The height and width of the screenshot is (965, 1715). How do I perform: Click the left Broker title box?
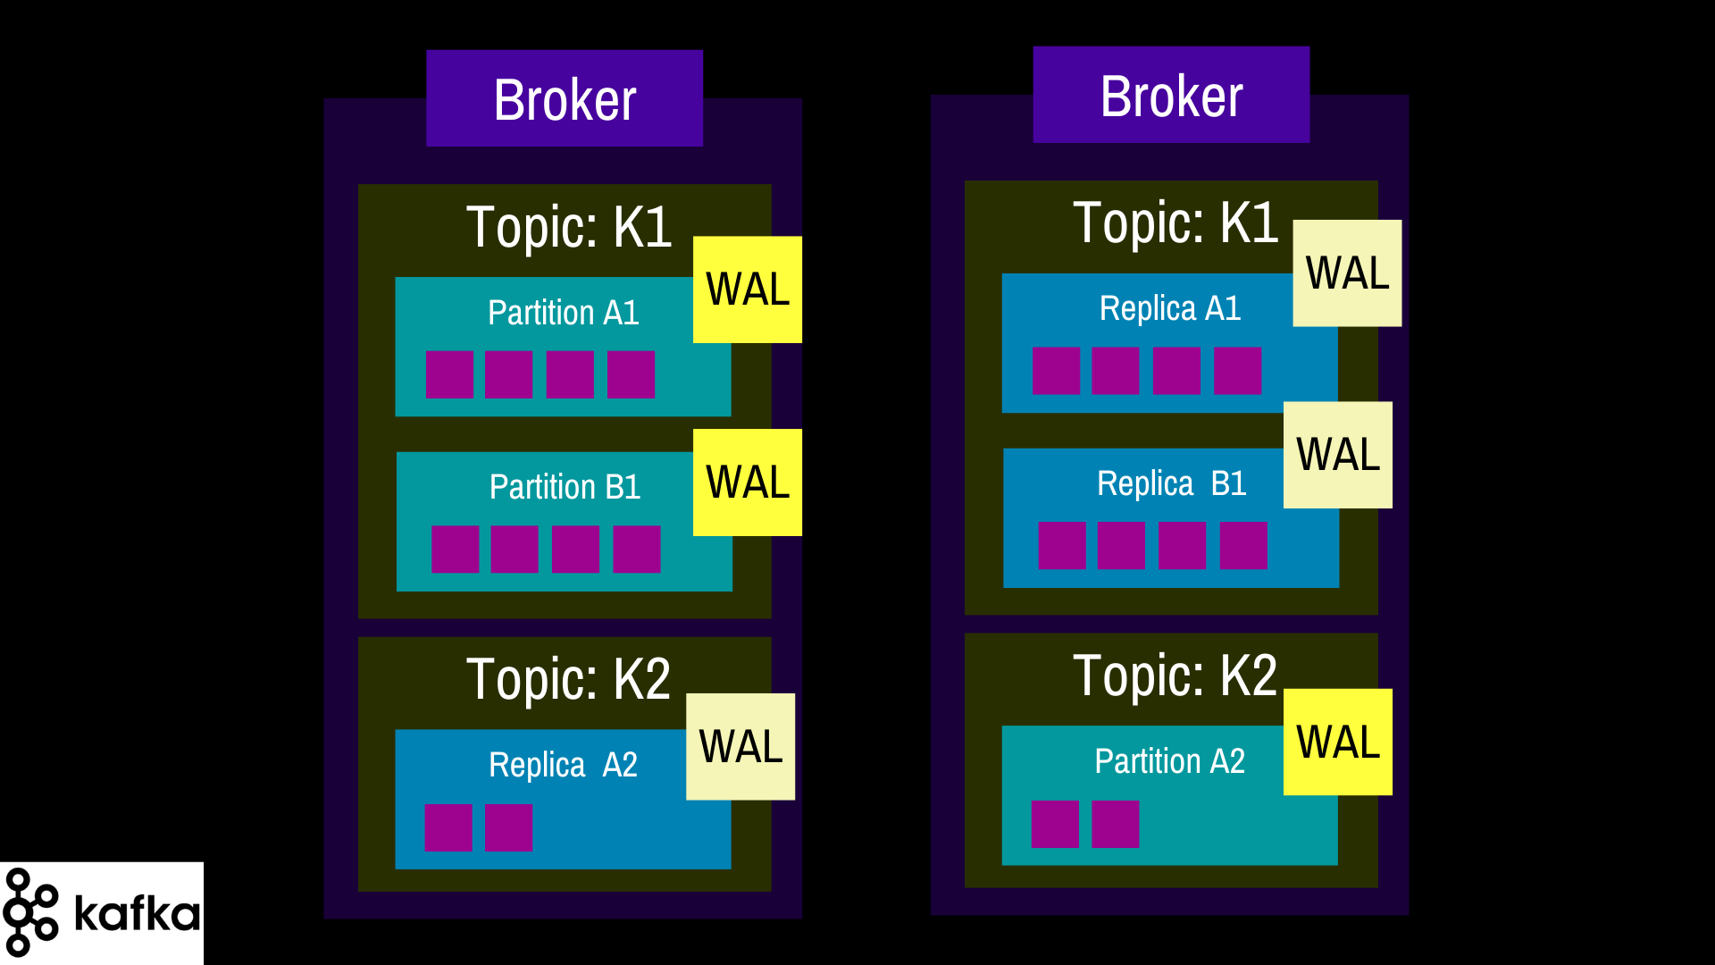point(565,98)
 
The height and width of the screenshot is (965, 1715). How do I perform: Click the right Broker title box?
point(1171,95)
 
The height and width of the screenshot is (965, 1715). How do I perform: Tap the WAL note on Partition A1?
point(748,289)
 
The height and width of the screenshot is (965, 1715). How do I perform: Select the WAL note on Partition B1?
point(748,482)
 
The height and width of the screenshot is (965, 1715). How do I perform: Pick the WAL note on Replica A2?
point(740,747)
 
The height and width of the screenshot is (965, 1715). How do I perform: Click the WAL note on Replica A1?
point(1347,273)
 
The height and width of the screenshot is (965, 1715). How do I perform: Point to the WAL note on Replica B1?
point(1338,455)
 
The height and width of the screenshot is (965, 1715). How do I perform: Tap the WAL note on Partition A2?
point(1338,742)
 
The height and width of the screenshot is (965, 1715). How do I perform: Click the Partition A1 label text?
point(564,313)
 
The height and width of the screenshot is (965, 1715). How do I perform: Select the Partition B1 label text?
point(565,487)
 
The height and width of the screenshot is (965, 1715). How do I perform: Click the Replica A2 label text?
point(564,765)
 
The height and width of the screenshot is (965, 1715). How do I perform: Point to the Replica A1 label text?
point(1170,308)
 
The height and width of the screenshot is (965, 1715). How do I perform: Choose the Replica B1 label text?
point(1172,483)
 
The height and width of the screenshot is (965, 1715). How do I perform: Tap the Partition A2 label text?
point(1170,761)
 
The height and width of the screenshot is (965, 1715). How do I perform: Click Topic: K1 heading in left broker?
point(569,227)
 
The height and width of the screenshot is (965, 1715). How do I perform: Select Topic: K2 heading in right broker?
point(1175,675)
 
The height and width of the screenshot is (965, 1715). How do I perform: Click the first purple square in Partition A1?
point(449,374)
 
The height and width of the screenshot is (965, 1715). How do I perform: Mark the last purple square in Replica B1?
point(1243,545)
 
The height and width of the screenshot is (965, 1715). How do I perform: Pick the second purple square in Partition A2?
point(1116,824)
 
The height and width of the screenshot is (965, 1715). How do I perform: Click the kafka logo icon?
point(31,912)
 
